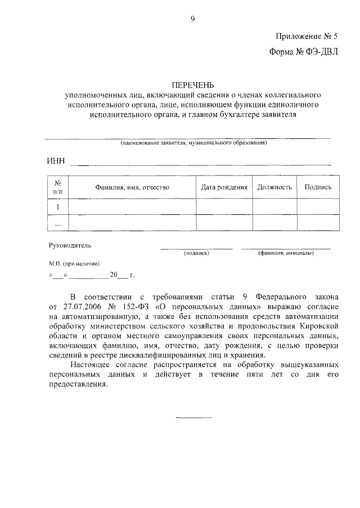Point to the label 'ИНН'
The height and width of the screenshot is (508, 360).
[56, 162]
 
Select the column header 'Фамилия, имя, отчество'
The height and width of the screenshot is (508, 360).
[132, 187]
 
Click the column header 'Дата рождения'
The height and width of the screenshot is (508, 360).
[224, 187]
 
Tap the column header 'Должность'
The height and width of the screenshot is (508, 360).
[274, 187]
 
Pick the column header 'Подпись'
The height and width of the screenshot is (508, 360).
[318, 187]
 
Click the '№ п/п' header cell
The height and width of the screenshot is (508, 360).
[57, 187]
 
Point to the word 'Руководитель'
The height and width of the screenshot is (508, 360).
[70, 245]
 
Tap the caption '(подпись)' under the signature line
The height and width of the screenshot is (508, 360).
[196, 253]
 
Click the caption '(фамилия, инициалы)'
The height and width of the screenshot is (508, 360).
[286, 253]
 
